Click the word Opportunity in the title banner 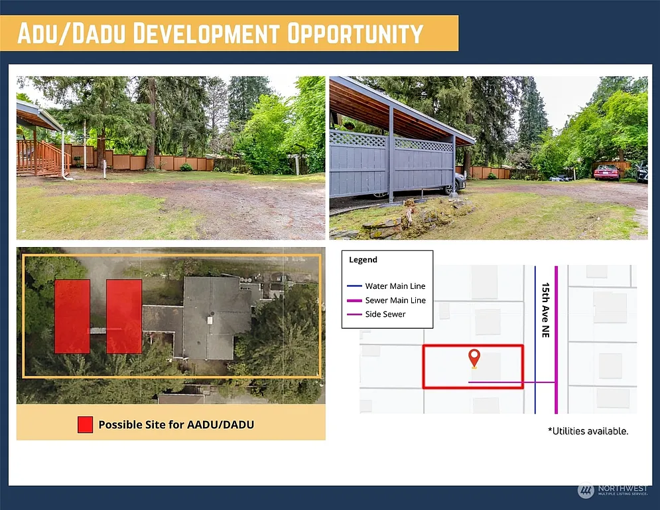click(x=355, y=33)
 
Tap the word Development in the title click(x=206, y=33)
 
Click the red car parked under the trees click(x=607, y=172)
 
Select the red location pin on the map click(x=474, y=359)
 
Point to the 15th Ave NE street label click(x=545, y=310)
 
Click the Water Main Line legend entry click(x=386, y=286)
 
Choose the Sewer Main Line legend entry click(x=386, y=300)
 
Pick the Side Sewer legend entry click(x=376, y=314)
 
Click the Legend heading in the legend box click(x=363, y=260)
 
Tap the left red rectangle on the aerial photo click(x=72, y=317)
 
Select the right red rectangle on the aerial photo click(x=124, y=317)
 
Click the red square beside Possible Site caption click(x=85, y=425)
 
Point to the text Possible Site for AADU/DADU click(x=176, y=425)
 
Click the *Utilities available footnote click(x=588, y=431)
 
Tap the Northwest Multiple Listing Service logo click(x=612, y=491)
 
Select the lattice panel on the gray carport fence click(x=391, y=140)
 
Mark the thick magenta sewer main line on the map click(x=556, y=340)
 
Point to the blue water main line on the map click(x=535, y=340)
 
